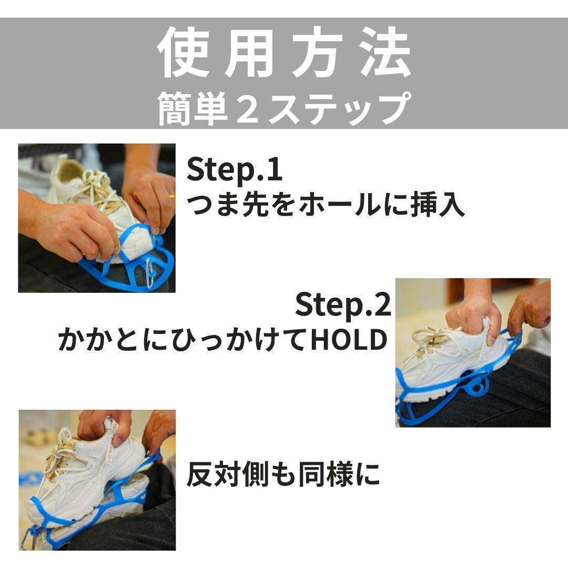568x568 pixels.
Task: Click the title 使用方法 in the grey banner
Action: [285, 53]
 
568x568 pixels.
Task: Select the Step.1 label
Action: [234, 170]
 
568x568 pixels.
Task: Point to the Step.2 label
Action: [343, 305]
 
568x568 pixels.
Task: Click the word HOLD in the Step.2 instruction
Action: [349, 340]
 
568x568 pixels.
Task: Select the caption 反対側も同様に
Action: [283, 474]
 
